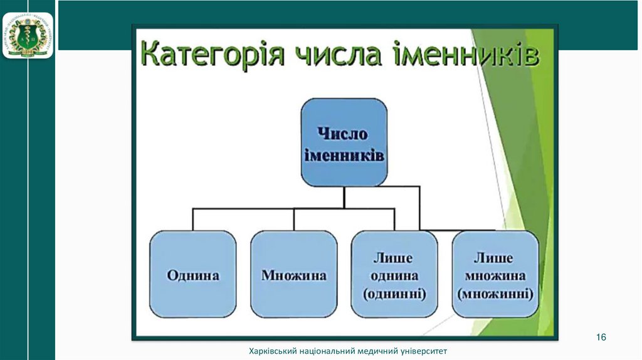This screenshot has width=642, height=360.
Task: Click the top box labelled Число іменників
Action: (344, 142)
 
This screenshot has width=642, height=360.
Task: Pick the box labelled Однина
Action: (193, 275)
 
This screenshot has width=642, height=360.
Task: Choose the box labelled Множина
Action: (294, 275)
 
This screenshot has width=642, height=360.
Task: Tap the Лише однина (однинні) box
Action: (394, 275)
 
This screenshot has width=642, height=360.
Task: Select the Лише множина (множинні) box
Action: (495, 275)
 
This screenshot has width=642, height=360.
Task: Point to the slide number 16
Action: (601, 337)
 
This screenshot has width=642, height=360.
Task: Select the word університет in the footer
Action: (425, 352)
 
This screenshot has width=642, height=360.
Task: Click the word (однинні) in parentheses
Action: (394, 293)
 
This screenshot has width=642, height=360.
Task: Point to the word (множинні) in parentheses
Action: (495, 293)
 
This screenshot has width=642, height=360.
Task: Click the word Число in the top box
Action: (342, 134)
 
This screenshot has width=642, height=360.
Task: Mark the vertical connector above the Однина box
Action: (193, 220)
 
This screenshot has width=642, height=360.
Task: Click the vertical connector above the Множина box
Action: (294, 220)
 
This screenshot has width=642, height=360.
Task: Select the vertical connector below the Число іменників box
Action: (344, 197)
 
